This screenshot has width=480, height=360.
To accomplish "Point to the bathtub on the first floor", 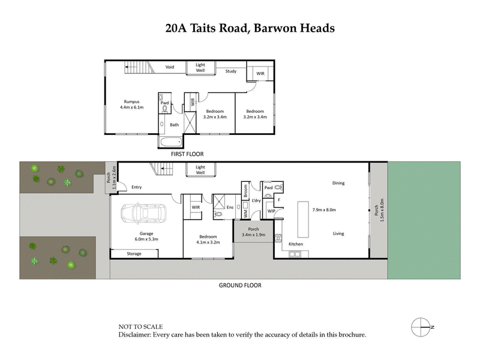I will [x=170, y=142].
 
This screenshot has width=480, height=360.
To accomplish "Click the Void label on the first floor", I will [x=170, y=67].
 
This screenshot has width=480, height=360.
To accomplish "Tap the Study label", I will [x=231, y=71].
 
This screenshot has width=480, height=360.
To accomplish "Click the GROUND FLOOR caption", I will [x=240, y=286].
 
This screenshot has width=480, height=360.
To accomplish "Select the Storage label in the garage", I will [x=134, y=254].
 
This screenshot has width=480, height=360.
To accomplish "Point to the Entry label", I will [x=137, y=187].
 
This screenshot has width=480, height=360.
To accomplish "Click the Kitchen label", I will [x=296, y=245].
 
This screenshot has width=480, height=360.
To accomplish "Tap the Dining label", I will [x=338, y=183].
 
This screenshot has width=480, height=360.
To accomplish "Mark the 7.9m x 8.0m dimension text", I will [x=324, y=210].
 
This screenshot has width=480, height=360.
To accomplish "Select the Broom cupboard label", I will [x=245, y=191].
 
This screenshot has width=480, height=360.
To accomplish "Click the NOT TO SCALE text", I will [x=140, y=327].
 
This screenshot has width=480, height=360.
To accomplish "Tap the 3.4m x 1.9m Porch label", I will [x=253, y=231].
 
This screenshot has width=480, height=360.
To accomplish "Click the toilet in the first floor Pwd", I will [x=164, y=110].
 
